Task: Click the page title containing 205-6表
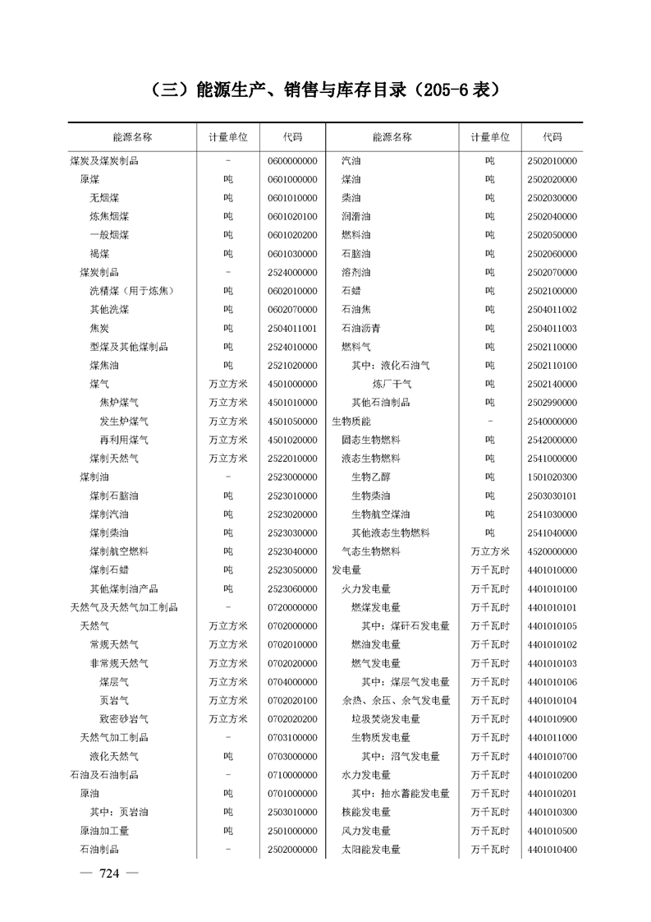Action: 325,89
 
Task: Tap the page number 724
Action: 109,874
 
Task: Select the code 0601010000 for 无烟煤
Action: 292,198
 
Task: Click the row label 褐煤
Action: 99,254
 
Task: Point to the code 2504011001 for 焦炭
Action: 292,328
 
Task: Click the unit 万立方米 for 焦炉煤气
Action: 227,403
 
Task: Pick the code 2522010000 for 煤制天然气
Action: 292,458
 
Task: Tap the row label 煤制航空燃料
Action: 119,551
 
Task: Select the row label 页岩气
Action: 113,701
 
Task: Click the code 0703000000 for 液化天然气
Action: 292,756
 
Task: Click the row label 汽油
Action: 351,161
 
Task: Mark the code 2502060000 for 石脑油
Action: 552,254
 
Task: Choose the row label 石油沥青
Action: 360,328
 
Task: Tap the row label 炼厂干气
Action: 392,384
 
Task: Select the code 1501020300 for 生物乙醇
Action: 552,477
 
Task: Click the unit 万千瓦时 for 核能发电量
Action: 490,813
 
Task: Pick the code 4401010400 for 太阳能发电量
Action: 552,850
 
